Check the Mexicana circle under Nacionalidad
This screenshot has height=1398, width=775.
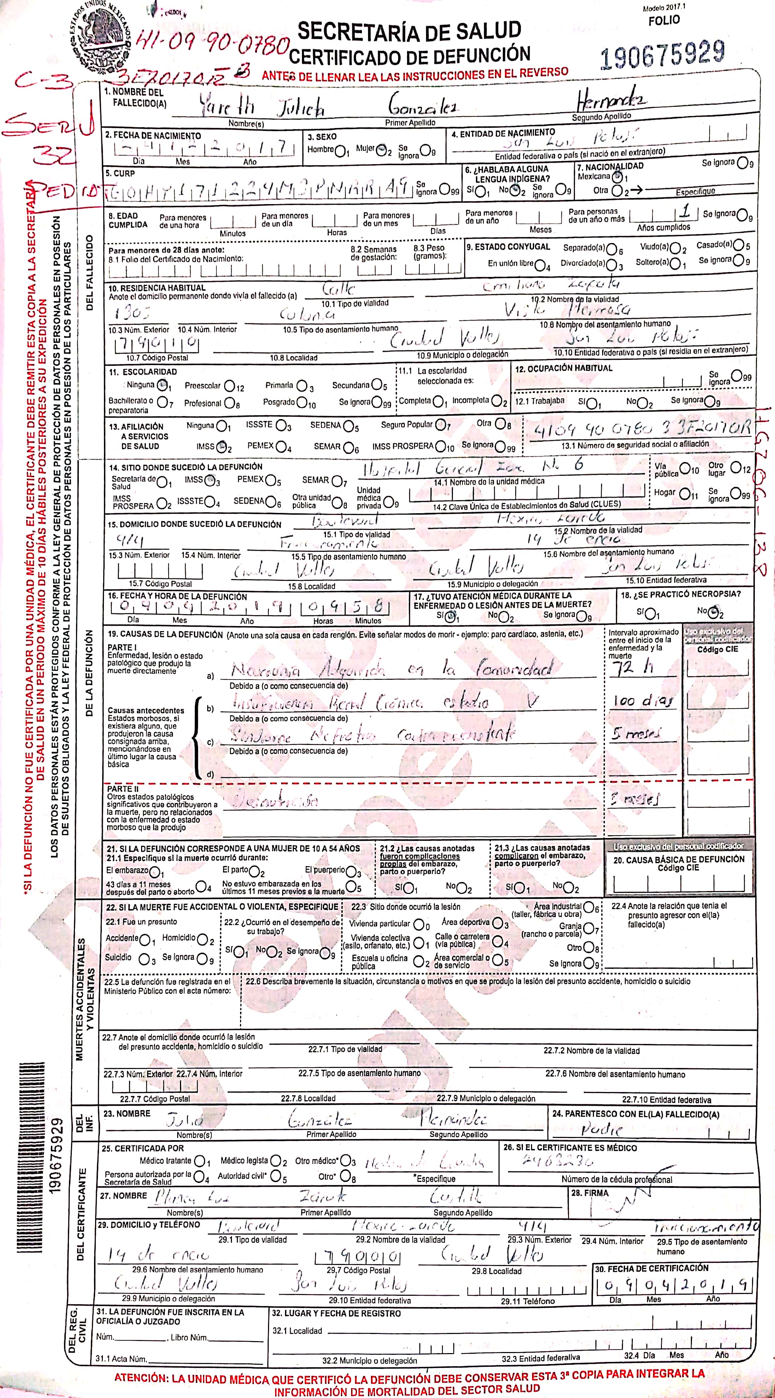tap(617, 177)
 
